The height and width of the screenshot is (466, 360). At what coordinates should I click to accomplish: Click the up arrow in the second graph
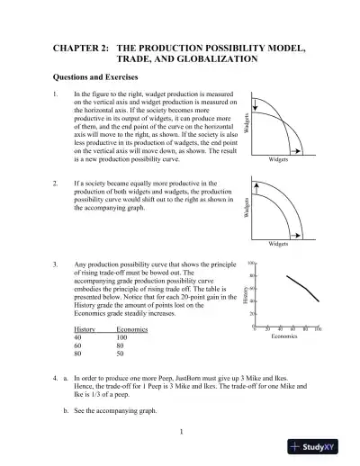pos(255,185)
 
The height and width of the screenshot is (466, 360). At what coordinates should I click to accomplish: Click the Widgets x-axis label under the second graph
pos(280,244)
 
